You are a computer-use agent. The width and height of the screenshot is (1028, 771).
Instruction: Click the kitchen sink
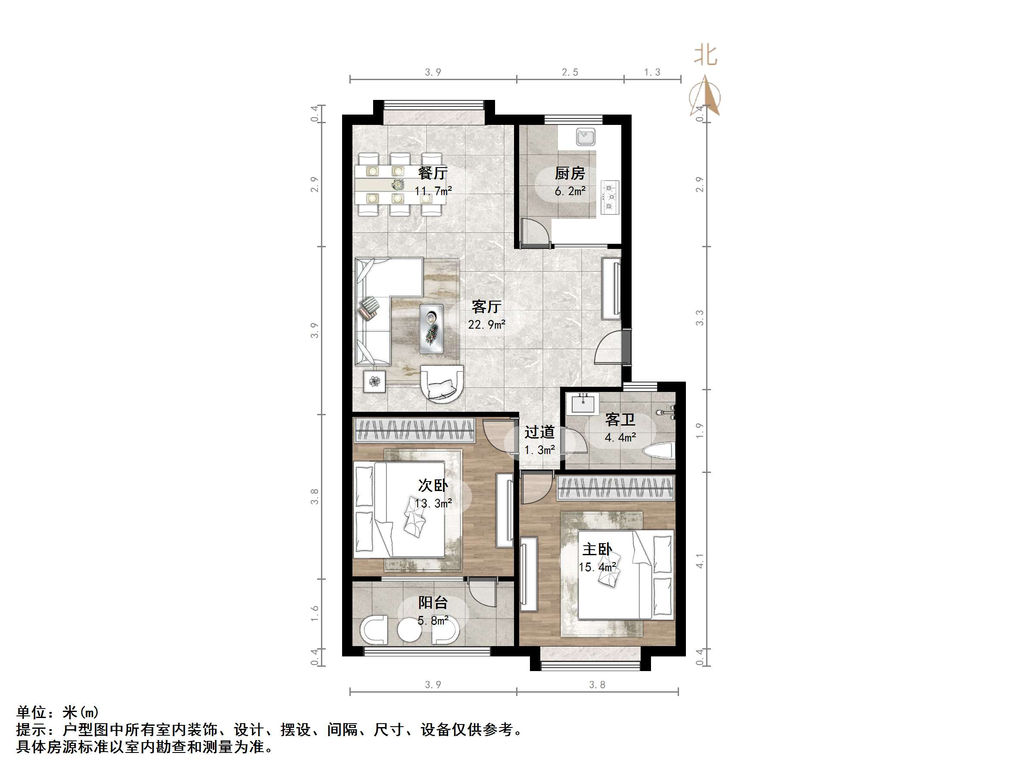(x=586, y=137)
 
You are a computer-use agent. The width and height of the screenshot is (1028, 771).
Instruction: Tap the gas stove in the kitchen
(x=610, y=197)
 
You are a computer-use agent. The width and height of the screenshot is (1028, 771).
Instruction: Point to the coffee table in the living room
(x=432, y=329)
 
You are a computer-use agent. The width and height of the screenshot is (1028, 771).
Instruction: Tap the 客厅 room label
(x=486, y=306)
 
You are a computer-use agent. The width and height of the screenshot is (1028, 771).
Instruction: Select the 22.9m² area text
(x=486, y=324)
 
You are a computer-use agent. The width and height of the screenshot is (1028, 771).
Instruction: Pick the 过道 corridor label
(x=539, y=432)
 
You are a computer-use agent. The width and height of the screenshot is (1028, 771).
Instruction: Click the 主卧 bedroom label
(x=597, y=549)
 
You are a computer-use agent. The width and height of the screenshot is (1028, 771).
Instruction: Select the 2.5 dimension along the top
(x=570, y=72)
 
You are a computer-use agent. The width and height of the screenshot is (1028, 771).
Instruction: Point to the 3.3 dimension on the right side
(x=699, y=318)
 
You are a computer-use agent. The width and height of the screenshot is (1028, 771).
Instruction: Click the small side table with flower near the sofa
(x=374, y=382)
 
